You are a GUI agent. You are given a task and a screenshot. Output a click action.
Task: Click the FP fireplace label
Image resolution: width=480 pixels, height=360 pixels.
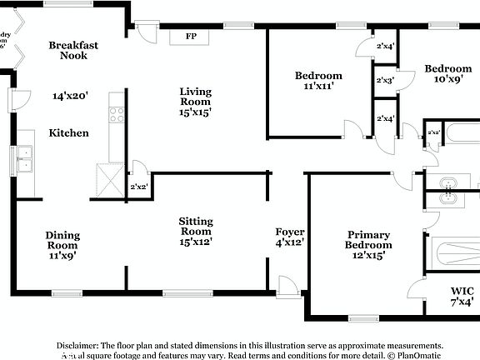pyautogui.click(x=190, y=37)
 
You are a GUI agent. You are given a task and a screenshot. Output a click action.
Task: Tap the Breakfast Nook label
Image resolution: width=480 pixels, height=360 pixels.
pyautogui.click(x=68, y=50)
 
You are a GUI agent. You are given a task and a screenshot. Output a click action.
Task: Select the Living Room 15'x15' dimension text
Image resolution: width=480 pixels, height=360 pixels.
pyautogui.click(x=195, y=112)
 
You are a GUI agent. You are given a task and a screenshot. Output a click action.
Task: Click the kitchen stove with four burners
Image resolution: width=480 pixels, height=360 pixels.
pyautogui.click(x=116, y=115)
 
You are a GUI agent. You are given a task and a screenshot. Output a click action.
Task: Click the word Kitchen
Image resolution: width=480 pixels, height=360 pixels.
pyautogui.click(x=68, y=132)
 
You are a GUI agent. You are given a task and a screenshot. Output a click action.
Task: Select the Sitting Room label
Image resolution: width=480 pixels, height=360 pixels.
pyautogui.click(x=196, y=226)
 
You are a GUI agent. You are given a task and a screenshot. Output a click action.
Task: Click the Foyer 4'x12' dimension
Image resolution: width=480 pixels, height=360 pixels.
pyautogui.click(x=290, y=242)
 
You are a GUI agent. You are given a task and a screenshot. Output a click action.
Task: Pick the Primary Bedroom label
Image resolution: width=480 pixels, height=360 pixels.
pyautogui.click(x=369, y=240)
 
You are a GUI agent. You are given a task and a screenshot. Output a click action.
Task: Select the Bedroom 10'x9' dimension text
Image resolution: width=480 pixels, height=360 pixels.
pyautogui.click(x=448, y=79)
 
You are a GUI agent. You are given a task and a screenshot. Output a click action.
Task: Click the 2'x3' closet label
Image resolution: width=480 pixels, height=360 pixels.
pyautogui.click(x=385, y=81)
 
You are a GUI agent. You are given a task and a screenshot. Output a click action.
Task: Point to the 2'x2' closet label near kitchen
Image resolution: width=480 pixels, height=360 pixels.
pyautogui.click(x=138, y=187)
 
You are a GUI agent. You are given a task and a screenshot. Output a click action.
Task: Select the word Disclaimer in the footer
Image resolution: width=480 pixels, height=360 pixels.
pyautogui.click(x=77, y=345)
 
